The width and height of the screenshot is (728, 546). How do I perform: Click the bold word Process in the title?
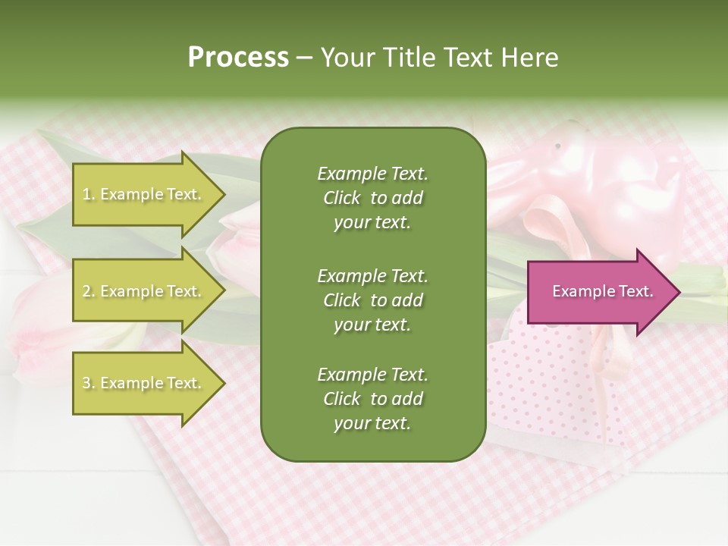coord(238,58)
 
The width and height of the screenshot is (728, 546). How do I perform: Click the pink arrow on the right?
coord(599,292)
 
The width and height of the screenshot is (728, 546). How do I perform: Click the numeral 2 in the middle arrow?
coord(86,291)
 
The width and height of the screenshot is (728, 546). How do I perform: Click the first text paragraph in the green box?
coord(372,198)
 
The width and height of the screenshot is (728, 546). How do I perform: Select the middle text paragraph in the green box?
coord(372,300)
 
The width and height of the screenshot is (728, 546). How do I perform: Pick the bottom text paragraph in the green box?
coord(372,399)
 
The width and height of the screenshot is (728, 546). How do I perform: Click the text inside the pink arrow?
coord(602,291)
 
